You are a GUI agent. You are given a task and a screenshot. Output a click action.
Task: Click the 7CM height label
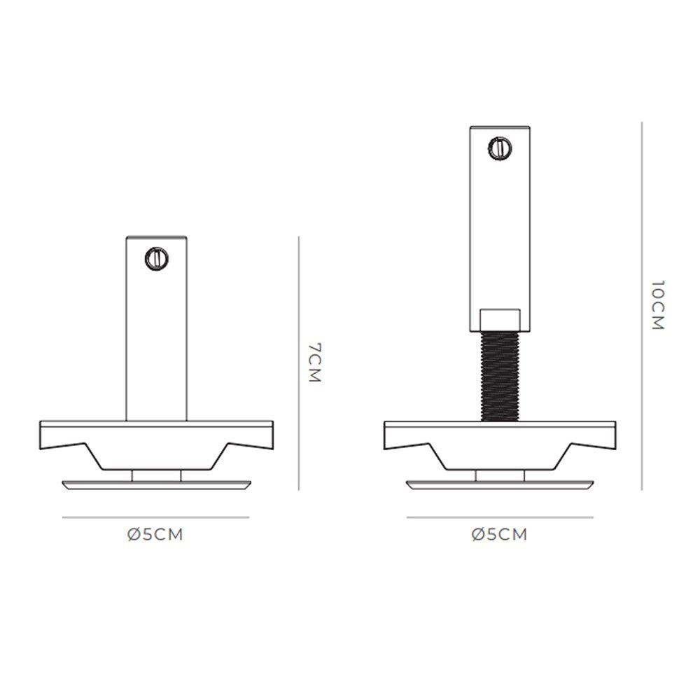[x=315, y=363]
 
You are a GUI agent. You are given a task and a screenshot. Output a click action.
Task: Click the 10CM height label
[x=658, y=305]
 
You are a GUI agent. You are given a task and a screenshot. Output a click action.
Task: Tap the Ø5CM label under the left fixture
[x=155, y=534]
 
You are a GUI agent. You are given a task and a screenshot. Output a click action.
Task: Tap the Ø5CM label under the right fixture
[x=499, y=534]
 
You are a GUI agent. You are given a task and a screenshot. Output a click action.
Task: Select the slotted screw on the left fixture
[x=157, y=258]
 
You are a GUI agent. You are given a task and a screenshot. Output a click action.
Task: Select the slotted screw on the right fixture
[x=500, y=148]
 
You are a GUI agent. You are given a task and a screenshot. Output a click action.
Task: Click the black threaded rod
[x=500, y=377]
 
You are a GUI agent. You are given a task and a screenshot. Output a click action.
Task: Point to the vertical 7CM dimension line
[x=299, y=363]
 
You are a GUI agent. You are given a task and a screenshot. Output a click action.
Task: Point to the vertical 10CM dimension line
[x=642, y=306]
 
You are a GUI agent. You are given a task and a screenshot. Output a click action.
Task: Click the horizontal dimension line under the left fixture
[x=155, y=517]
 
